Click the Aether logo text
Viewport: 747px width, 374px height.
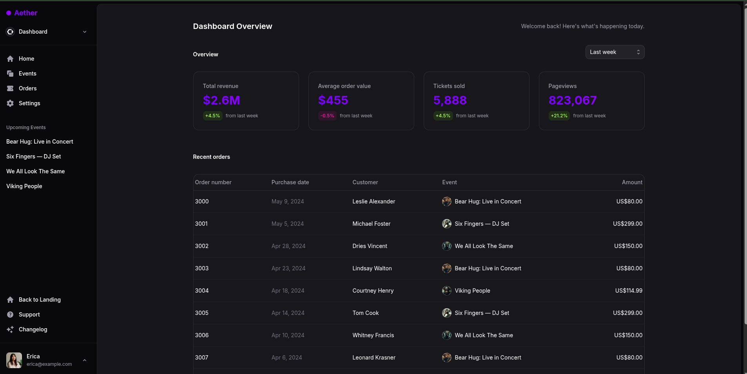[25, 13]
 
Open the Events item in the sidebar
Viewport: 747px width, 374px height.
[27, 74]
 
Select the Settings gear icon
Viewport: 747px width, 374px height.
[10, 103]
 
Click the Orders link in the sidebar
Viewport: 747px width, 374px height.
[27, 88]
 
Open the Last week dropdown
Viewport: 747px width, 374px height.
[615, 52]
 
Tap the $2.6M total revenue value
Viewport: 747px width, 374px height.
[221, 101]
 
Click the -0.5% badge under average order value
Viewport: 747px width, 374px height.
[327, 116]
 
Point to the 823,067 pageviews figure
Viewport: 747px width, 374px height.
[572, 101]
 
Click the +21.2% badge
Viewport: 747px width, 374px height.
[559, 116]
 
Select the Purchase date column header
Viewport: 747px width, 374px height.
[290, 182]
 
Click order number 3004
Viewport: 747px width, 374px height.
[202, 291]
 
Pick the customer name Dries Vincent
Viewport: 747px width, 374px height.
[370, 246]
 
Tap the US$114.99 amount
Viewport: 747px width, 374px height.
[629, 291]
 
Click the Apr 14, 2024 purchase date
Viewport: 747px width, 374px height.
[288, 313]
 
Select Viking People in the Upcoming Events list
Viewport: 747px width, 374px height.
[24, 186]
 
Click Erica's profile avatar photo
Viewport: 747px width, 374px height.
[14, 360]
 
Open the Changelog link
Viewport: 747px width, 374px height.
[33, 329]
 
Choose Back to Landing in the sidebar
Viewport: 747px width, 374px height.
[40, 300]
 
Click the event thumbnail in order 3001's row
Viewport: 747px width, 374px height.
[446, 224]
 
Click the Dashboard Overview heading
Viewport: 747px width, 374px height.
[232, 26]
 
